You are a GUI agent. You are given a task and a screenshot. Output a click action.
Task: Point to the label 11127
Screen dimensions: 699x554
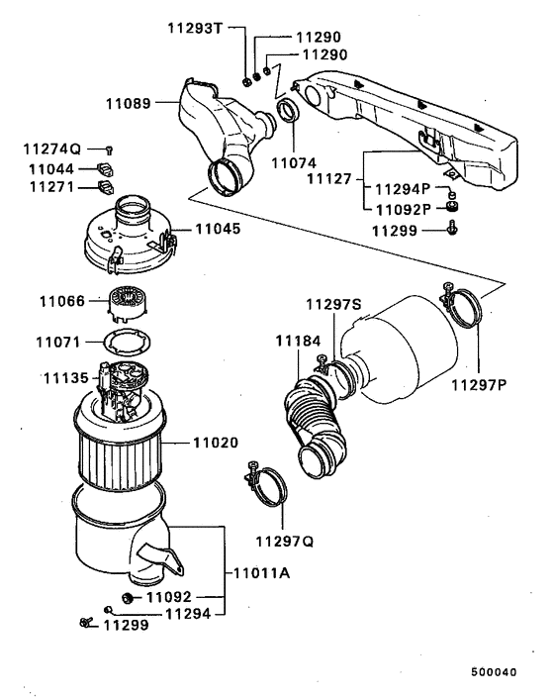329,179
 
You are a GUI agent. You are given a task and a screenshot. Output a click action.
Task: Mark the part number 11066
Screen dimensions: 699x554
61,300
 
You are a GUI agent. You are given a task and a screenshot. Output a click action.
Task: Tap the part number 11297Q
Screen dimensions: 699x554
284,541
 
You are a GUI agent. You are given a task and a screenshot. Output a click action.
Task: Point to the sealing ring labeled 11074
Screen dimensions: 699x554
288,110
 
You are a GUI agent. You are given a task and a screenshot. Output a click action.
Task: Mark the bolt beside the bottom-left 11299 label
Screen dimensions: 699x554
84,623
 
